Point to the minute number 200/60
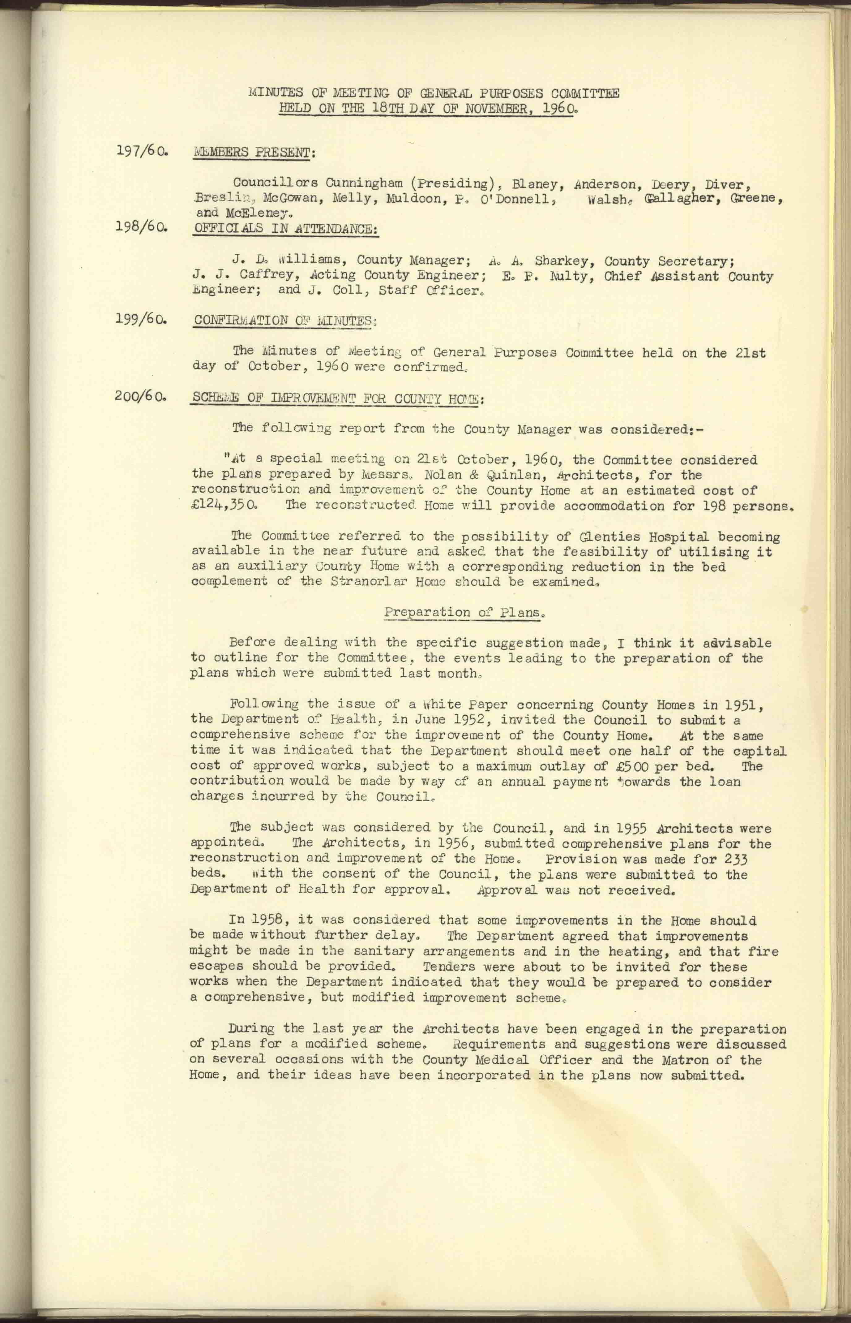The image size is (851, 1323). (x=141, y=397)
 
